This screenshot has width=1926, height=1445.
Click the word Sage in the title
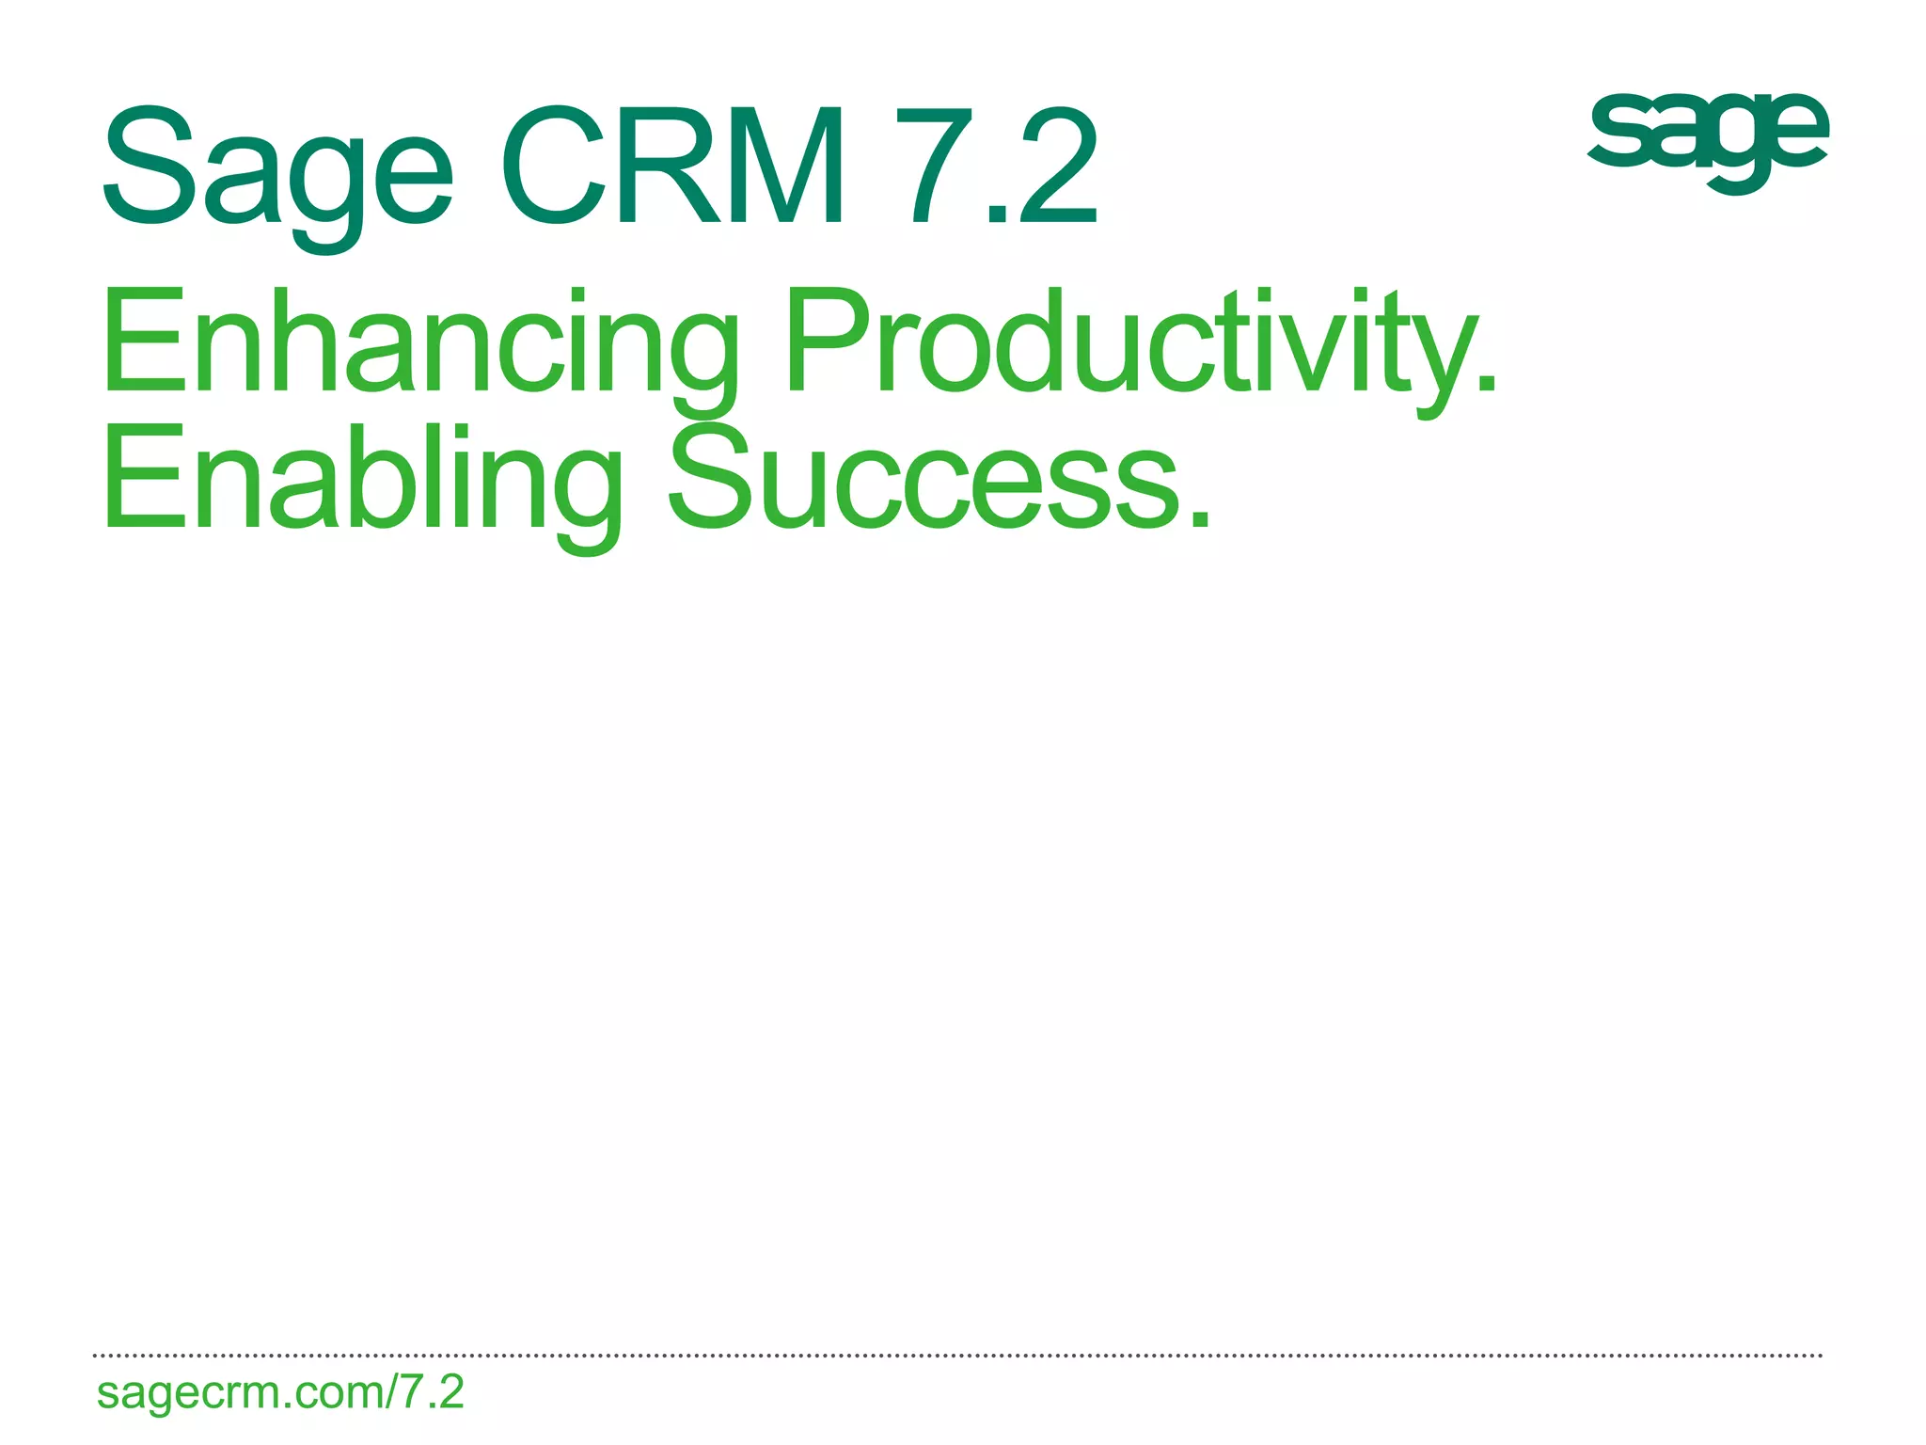tap(278, 169)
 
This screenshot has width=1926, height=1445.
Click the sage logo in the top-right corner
tap(1707, 136)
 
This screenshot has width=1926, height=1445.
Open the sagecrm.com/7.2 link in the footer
tap(280, 1392)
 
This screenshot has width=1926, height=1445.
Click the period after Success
tap(1199, 518)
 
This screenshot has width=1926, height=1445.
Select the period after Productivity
tap(1485, 381)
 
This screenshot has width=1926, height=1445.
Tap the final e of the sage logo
tap(1792, 132)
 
